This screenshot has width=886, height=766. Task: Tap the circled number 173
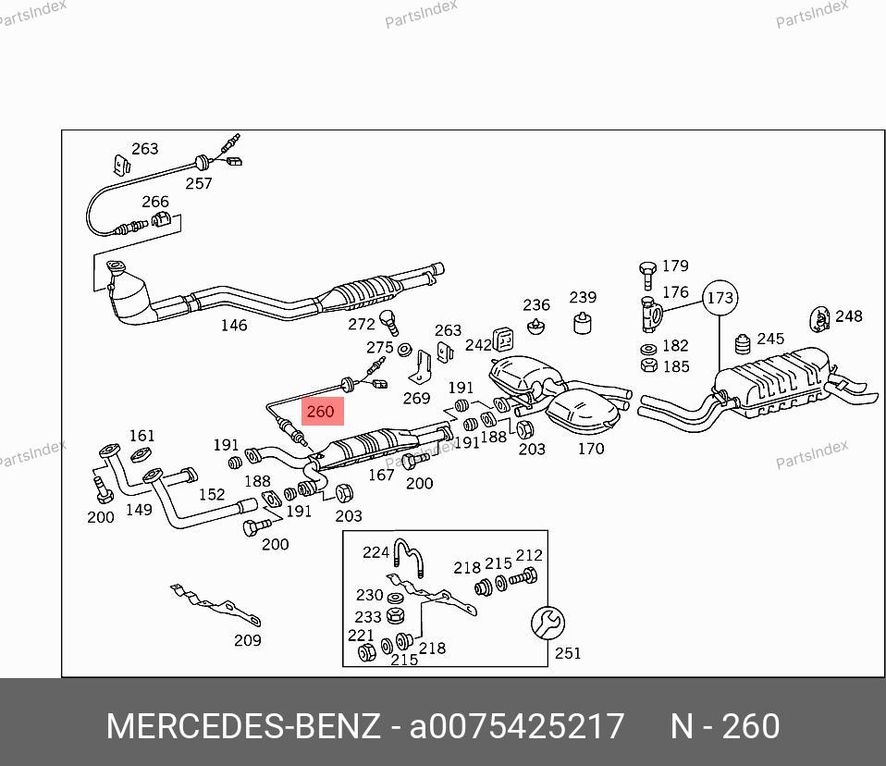pos(720,298)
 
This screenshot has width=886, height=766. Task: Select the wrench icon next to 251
pos(548,623)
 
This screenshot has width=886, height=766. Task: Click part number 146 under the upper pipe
pos(234,325)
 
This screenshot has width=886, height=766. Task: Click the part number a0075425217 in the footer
pos(517,726)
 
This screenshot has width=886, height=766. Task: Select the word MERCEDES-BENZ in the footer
pos(242,726)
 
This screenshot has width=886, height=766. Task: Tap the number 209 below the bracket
pos(247,640)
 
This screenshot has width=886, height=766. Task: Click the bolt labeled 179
pos(647,271)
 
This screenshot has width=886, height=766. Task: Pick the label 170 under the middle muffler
pos(590,449)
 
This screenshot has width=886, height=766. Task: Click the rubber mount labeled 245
pos(741,345)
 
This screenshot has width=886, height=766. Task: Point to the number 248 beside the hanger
pos(848,316)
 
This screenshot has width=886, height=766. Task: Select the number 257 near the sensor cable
pos(199,183)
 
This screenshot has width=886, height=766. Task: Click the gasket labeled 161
pos(140,454)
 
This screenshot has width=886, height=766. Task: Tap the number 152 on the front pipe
pos(212,494)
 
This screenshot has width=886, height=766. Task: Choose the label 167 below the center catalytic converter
pos(381,475)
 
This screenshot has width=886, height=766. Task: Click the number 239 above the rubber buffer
pos(583,298)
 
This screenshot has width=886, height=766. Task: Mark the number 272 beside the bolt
pos(362,324)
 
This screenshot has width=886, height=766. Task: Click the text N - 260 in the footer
pos(724,726)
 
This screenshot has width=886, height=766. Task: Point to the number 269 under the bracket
pos(416,398)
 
